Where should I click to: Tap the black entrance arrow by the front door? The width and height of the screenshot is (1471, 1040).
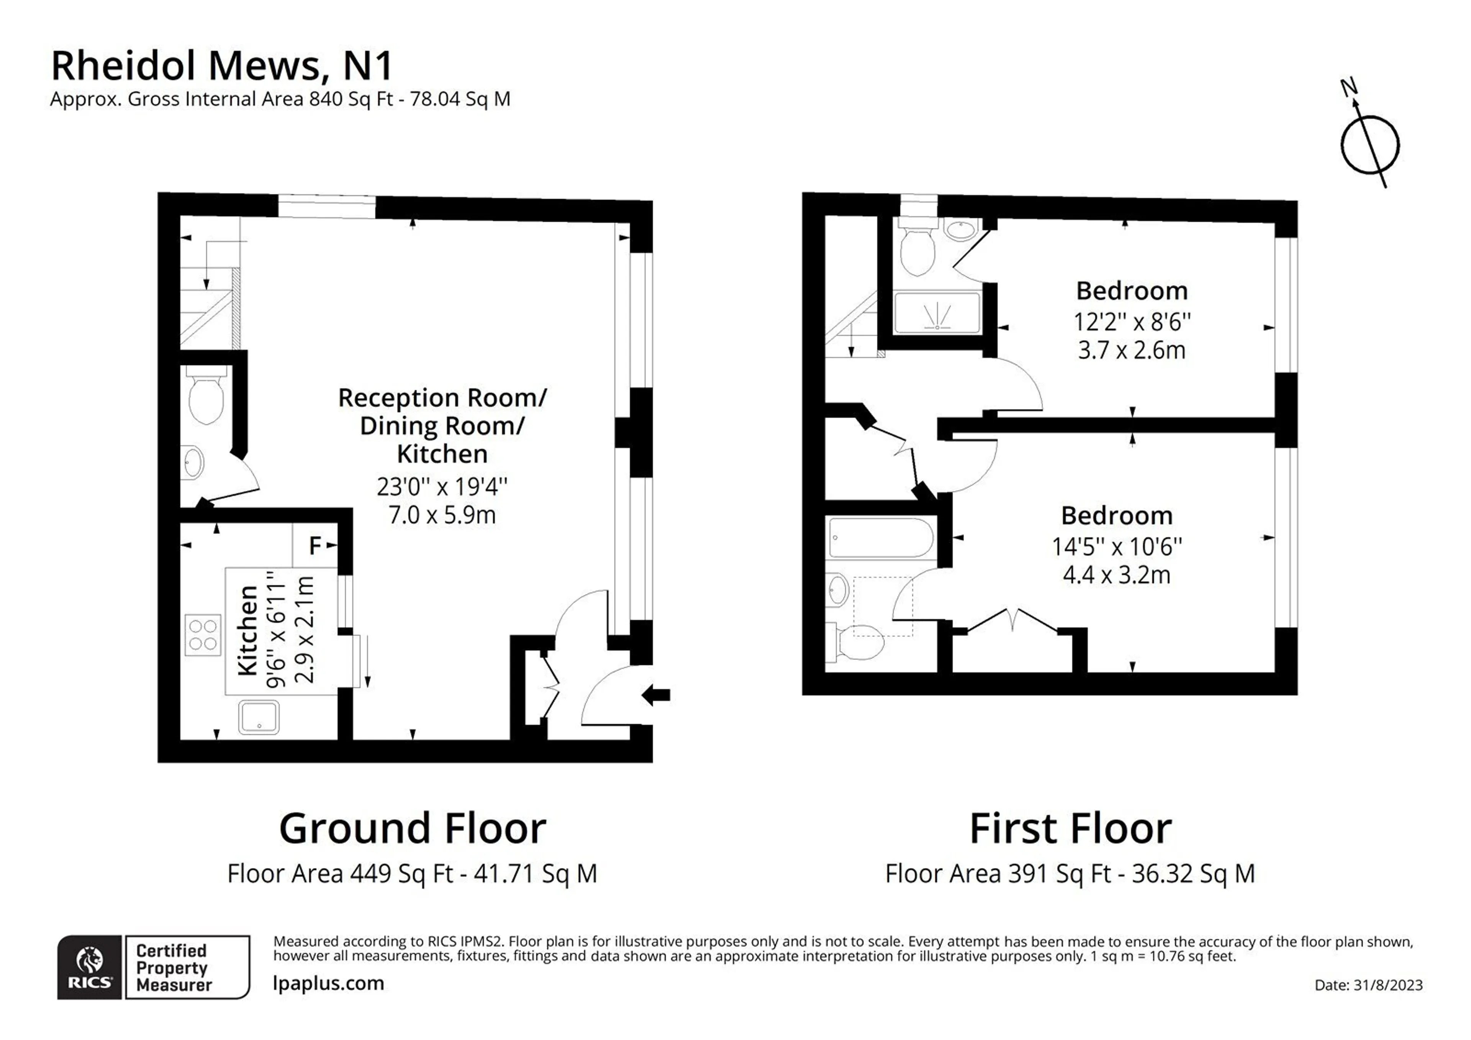point(656,695)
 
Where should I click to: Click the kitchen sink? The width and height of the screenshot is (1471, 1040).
point(259,717)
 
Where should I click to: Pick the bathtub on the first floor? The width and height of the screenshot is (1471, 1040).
point(881,538)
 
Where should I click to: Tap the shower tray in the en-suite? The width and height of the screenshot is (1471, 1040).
point(937,313)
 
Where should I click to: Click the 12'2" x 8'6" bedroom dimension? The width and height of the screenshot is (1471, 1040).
point(1132,321)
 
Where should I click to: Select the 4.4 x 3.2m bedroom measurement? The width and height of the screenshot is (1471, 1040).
point(1117,575)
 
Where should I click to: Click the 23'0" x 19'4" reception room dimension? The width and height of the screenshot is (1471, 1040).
point(442,487)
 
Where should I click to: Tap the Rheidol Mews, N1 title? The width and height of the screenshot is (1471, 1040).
point(222,66)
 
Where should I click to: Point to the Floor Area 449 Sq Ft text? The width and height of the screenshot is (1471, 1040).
point(340,873)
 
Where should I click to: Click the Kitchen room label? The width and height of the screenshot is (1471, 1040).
point(248,630)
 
